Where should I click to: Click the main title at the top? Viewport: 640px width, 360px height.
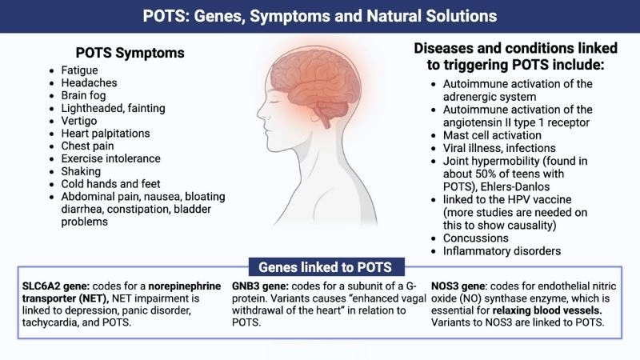point(320,16)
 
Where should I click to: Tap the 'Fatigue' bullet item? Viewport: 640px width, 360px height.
point(80,70)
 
